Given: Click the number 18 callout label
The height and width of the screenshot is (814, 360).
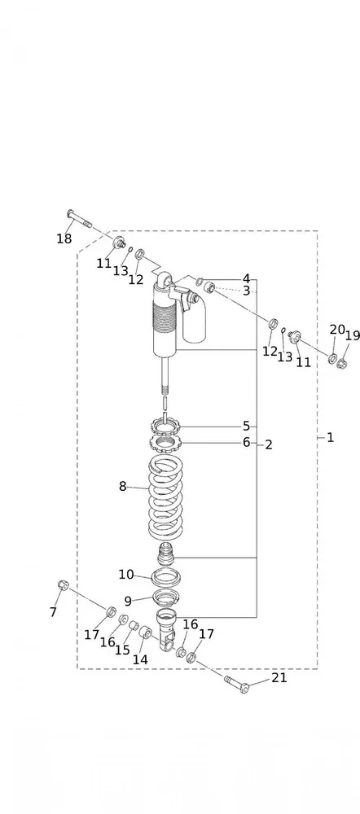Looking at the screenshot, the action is (64, 239).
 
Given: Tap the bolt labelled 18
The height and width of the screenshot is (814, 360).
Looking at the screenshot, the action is (80, 219).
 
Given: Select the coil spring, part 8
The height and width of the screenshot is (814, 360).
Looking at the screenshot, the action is (165, 497).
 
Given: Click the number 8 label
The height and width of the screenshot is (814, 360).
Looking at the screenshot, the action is (123, 487).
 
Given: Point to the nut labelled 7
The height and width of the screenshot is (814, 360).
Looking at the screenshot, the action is (64, 585).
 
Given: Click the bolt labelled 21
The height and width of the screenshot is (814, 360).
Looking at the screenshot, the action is (237, 684).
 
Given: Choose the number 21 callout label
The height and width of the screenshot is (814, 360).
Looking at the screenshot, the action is (279, 677).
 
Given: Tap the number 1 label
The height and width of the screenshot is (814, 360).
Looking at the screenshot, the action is (331, 438).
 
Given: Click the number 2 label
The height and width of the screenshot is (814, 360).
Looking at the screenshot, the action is (269, 444).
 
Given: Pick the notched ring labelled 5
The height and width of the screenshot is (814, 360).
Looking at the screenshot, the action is (165, 427).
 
